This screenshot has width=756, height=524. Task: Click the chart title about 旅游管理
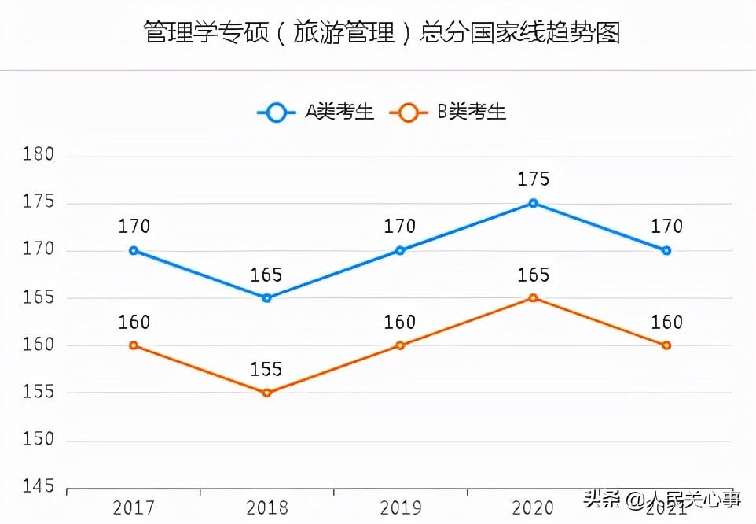click(x=382, y=33)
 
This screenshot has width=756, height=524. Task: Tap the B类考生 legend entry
click(x=450, y=112)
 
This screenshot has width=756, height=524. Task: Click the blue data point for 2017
click(x=134, y=250)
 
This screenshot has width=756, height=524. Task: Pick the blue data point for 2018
click(x=266, y=298)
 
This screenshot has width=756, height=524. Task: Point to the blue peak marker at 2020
click(x=533, y=203)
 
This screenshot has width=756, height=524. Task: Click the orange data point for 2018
click(x=266, y=393)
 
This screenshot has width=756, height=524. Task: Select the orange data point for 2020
click(x=533, y=298)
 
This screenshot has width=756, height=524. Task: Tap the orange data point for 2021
click(x=666, y=345)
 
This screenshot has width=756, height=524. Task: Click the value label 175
click(x=533, y=179)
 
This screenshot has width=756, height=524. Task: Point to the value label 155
click(x=266, y=370)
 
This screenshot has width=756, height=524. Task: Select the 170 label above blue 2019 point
click(x=399, y=227)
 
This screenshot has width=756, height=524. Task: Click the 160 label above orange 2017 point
click(x=134, y=323)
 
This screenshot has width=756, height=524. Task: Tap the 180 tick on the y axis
click(x=38, y=155)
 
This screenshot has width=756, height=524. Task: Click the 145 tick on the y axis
click(x=38, y=488)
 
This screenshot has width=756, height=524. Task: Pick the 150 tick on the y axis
click(x=38, y=440)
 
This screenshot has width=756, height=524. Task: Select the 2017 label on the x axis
click(x=134, y=507)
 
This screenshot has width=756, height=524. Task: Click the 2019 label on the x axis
click(x=399, y=507)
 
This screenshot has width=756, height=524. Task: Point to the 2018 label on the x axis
click(x=266, y=507)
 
